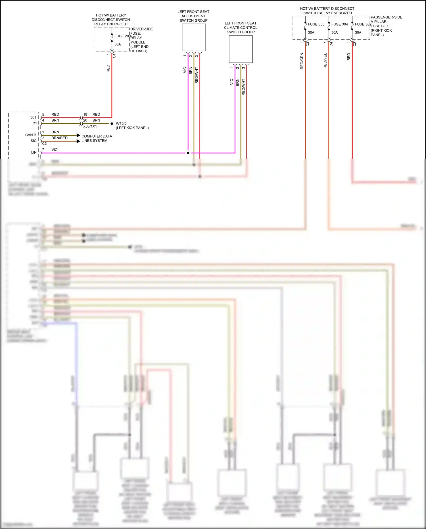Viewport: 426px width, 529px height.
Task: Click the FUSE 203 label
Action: coord(122,36)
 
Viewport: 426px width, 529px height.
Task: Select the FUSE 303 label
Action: coord(316,24)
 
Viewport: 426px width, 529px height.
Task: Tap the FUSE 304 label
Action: coord(339,24)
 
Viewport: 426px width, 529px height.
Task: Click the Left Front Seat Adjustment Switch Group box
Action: coord(194,37)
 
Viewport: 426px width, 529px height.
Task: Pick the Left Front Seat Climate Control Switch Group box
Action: coord(241,49)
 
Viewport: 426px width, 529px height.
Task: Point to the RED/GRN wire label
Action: coord(302,61)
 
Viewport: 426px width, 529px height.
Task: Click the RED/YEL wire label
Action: coord(325,61)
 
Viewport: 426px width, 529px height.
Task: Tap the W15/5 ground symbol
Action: coord(112,124)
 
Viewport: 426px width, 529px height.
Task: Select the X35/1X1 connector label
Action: coord(90,126)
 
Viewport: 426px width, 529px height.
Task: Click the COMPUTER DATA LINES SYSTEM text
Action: coord(97,138)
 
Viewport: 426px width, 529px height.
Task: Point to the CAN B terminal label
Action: coord(31,135)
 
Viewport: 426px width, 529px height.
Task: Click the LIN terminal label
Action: coord(34,153)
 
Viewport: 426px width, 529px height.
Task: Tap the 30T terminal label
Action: coord(33,117)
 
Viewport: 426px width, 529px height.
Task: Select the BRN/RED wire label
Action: coord(59,138)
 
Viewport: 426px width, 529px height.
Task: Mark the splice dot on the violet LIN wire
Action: coord(188,153)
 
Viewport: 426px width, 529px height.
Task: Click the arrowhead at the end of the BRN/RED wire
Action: coord(78,141)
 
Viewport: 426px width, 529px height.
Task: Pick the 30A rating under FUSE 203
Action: coord(118,44)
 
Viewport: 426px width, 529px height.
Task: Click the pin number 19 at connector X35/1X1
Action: coord(85,115)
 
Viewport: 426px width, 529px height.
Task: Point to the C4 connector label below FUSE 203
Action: coord(114,56)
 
